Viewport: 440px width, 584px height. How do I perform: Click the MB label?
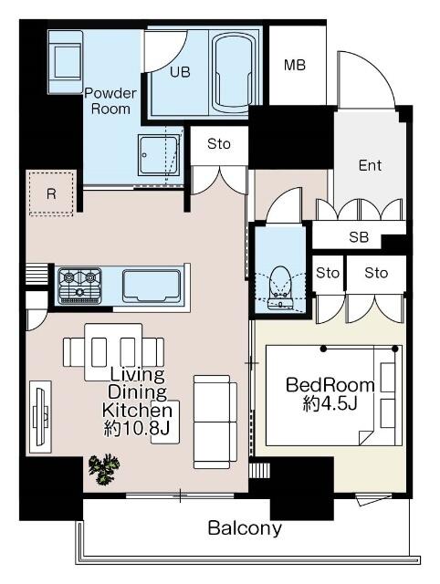tap(294, 65)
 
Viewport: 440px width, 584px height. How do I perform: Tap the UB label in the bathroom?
tap(180, 72)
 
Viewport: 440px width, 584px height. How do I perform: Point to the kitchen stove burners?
tap(79, 286)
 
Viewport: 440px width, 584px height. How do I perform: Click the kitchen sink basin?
tap(152, 286)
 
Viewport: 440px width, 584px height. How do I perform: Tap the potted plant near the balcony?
tap(104, 469)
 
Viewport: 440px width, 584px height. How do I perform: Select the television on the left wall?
tap(40, 416)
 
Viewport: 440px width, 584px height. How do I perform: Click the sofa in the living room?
tap(215, 422)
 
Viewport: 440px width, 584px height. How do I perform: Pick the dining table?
tap(113, 352)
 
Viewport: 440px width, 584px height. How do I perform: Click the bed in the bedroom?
tap(334, 395)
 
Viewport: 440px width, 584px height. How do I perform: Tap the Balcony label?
tap(245, 528)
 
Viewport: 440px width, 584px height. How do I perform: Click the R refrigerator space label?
tap(51, 193)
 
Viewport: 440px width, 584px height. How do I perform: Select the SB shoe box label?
tap(359, 237)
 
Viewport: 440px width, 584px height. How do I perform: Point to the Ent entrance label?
tap(370, 165)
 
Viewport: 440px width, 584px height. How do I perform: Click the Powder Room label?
tap(110, 101)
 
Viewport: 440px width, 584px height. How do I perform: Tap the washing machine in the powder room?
tap(65, 62)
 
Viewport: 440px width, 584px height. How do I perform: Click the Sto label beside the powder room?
tap(219, 144)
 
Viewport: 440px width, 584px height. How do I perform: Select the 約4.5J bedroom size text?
tap(330, 403)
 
